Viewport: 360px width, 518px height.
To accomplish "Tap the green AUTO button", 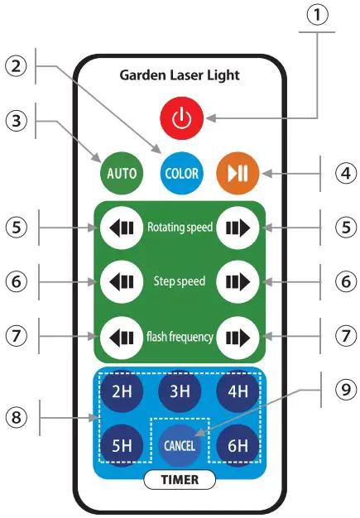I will pos(122,174).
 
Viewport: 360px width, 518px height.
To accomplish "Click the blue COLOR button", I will pos(181,174).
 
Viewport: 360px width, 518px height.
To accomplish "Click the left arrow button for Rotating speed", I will pos(121,227).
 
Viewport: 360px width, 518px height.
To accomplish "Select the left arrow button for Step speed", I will pos(121,281).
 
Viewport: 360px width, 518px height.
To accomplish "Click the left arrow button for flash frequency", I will pos(121,337).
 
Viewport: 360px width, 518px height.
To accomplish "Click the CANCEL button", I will pos(180,446).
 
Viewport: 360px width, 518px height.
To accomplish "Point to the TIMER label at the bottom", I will pos(180,479).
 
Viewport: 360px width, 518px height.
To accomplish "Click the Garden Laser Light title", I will pos(180,75).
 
